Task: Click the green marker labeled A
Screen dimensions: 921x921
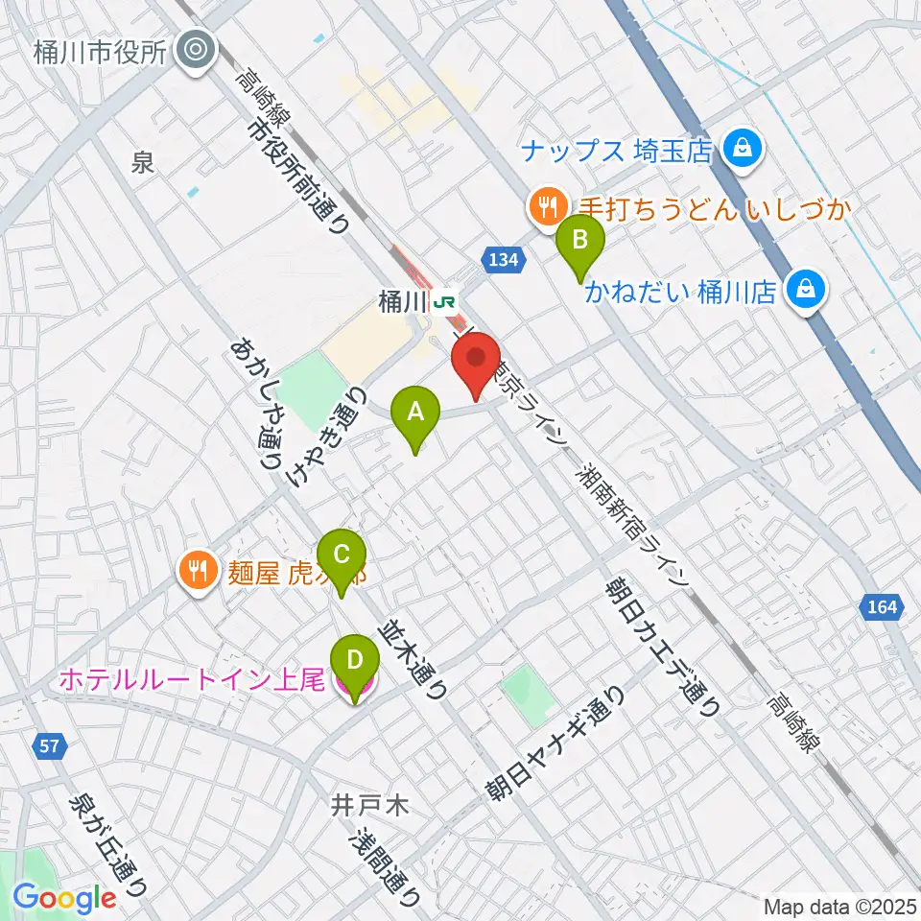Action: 415,413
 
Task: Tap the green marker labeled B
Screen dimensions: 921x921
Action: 580,241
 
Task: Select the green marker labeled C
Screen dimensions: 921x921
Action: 341,555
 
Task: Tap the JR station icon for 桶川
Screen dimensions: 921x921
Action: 444,303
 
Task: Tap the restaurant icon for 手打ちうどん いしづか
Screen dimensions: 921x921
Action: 547,205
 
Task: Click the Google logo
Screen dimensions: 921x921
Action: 64,899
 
